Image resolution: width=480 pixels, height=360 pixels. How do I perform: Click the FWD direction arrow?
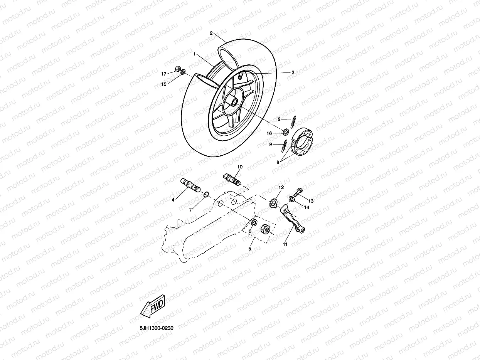153,306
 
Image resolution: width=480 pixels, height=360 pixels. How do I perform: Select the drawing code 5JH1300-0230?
157,328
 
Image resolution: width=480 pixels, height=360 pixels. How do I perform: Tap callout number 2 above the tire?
211,33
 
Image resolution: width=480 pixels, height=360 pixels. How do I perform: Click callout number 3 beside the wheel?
293,72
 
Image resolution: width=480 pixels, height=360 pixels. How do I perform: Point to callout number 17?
163,73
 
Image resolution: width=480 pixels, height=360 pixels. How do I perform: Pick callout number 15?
163,84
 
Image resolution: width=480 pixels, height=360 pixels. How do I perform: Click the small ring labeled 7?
206,193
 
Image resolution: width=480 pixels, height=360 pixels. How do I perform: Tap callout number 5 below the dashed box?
250,249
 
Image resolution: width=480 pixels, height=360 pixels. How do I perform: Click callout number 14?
307,207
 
